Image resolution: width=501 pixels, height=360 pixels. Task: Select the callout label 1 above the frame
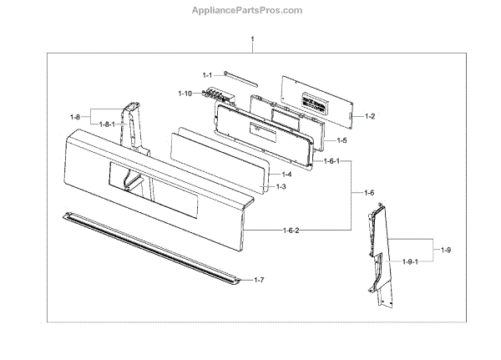click(x=252, y=41)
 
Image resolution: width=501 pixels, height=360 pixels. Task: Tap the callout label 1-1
click(x=208, y=74)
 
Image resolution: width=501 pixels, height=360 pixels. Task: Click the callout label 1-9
click(x=445, y=251)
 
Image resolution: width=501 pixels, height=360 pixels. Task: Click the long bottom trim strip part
click(x=150, y=247)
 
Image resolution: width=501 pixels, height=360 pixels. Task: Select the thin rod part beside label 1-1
click(x=238, y=79)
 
